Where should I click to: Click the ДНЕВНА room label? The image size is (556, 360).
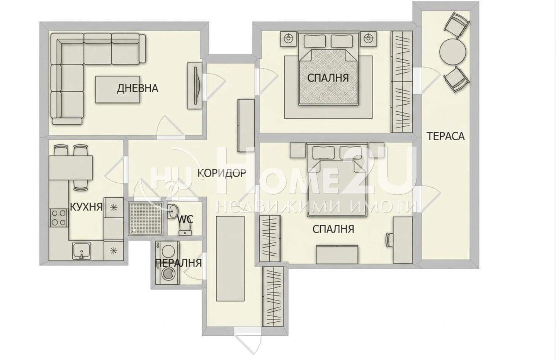tap(138, 88)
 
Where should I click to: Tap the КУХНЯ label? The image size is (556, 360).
tap(86, 206)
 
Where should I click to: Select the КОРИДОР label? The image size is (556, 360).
tap(222, 173)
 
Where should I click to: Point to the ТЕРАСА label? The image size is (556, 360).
tap(445, 136)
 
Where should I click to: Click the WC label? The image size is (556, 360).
tap(185, 219)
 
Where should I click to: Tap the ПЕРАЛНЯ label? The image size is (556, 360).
tap(178, 263)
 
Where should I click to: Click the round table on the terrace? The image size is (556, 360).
tap(452, 53)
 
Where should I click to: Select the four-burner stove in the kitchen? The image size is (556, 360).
tap(59, 218)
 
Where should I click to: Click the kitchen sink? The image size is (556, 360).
tap(82, 251)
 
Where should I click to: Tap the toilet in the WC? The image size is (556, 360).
tap(185, 229)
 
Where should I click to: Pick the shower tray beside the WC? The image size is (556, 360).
tap(146, 218)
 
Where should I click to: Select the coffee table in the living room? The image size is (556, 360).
tap(117, 89)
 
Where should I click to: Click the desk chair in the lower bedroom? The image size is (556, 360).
tap(388, 240)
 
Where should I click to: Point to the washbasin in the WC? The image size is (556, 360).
tap(172, 211)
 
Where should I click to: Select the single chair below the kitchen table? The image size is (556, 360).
tap(81, 185)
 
